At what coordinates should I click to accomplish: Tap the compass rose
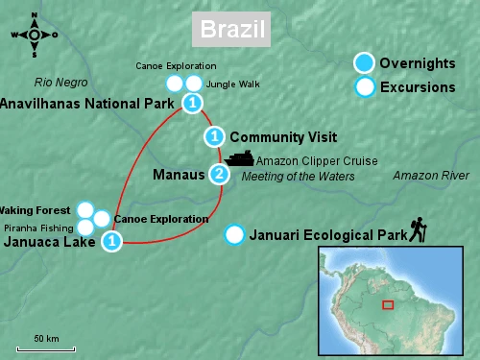click(x=34, y=35)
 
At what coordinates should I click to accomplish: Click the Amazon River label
click(x=431, y=176)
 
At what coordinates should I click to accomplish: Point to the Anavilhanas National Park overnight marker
click(x=193, y=103)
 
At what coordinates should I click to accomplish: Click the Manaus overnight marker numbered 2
click(x=220, y=175)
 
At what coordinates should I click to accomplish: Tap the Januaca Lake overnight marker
click(x=112, y=242)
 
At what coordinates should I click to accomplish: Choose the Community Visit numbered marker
click(x=215, y=136)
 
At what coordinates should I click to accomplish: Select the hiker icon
click(x=419, y=228)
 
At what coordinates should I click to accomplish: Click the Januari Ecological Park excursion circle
click(x=233, y=234)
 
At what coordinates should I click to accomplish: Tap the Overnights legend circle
click(x=364, y=63)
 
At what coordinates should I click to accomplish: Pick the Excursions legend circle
click(x=364, y=87)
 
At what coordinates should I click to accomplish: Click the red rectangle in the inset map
click(x=388, y=304)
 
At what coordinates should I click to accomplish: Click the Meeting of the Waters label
click(x=299, y=177)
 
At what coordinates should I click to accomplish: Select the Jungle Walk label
click(x=233, y=84)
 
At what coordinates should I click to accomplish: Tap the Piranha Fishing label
click(x=39, y=228)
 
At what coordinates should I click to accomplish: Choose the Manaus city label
click(x=179, y=176)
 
